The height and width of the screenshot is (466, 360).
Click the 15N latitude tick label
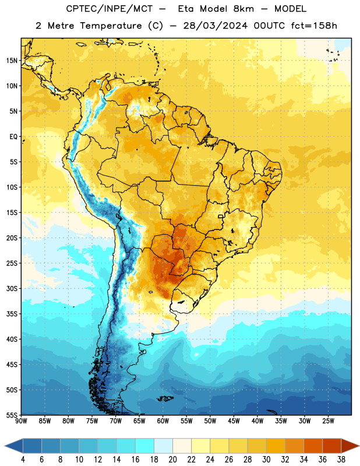tap(12, 61)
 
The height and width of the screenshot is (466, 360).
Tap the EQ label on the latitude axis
tap(13, 137)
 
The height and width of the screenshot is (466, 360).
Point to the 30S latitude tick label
tap(12, 288)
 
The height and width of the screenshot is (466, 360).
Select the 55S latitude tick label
tap(12, 415)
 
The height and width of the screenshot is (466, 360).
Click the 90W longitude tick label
tap(21, 421)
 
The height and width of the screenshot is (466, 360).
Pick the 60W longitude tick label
tap(163, 421)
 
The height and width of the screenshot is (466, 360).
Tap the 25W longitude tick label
tap(328, 421)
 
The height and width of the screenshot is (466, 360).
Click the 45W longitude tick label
tap(234, 421)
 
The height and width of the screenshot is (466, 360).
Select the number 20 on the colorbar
tap(172, 460)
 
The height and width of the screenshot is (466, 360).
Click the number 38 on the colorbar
tap(341, 460)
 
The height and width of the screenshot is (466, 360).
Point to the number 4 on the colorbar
tap(23, 460)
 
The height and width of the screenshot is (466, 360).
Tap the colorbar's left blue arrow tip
tap(5, 446)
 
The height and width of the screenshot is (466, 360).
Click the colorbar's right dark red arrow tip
tap(359, 446)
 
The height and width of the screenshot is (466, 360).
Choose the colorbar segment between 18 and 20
tap(163, 446)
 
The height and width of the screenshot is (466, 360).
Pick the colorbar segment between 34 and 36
tap(313, 446)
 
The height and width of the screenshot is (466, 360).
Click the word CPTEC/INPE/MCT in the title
tap(109, 9)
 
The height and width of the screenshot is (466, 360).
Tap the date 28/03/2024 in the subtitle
tap(215, 26)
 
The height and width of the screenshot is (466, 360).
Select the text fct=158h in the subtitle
tap(314, 26)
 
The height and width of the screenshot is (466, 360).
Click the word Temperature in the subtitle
tap(111, 26)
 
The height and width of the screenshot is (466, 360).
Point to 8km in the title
tap(243, 9)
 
